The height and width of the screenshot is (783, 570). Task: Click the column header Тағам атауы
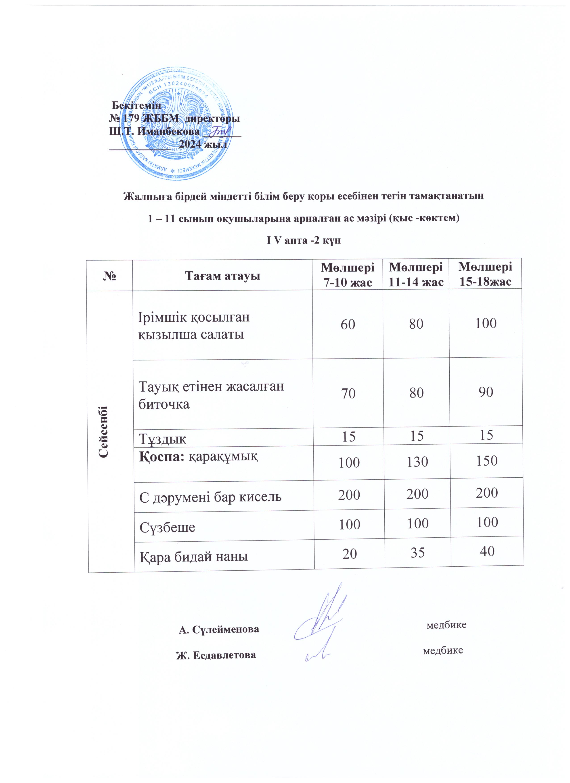223,276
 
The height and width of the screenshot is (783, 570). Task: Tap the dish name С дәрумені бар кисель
210,497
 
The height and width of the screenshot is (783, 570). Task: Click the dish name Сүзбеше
167,527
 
